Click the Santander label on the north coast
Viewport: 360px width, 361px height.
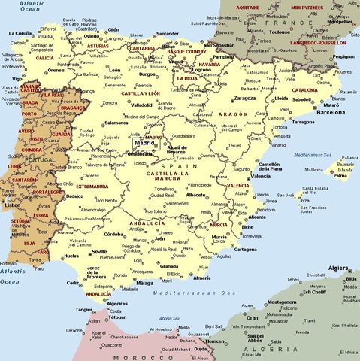pyautogui.click(x=167, y=34)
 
